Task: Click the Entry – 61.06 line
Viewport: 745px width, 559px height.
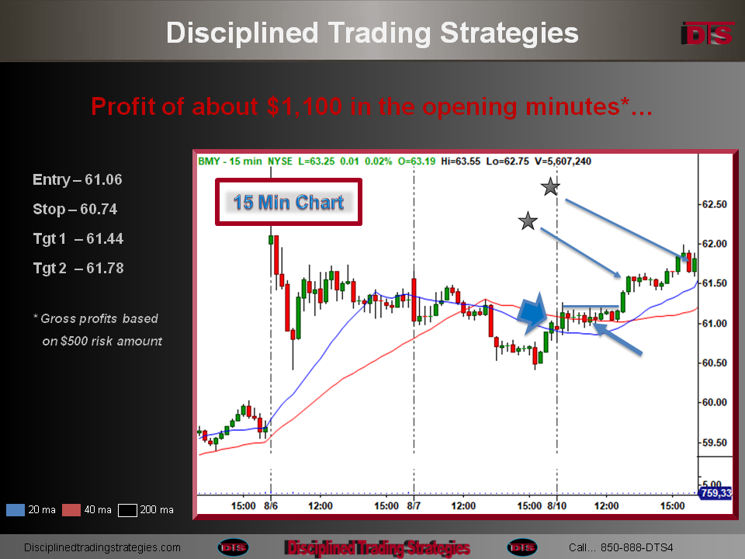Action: (x=78, y=179)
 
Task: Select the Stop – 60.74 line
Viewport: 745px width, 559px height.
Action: (x=75, y=209)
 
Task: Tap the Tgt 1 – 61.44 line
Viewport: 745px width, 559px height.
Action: (x=78, y=238)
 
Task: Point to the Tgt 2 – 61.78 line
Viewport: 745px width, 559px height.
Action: (x=78, y=268)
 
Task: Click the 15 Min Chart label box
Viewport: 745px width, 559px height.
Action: (x=289, y=202)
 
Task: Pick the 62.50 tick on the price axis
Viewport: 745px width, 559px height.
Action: (x=715, y=204)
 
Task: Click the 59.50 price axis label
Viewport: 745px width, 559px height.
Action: (x=715, y=443)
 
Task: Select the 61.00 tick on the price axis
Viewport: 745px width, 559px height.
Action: (x=715, y=323)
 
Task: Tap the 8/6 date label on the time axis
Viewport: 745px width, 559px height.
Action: (x=271, y=505)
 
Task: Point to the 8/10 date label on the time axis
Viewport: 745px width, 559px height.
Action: (x=557, y=505)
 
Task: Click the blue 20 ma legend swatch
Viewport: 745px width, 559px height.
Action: (x=16, y=510)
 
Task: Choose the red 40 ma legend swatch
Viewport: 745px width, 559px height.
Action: (x=71, y=510)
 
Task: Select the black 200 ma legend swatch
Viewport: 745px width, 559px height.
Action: (x=127, y=510)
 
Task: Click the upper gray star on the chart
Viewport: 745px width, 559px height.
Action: (x=550, y=187)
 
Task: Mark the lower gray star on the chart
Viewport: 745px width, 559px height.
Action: (x=528, y=221)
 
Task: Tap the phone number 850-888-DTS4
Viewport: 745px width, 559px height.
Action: (x=636, y=547)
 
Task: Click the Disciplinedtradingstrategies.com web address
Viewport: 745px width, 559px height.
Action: (x=102, y=547)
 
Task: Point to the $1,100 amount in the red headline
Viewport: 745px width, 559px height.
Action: (x=304, y=106)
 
